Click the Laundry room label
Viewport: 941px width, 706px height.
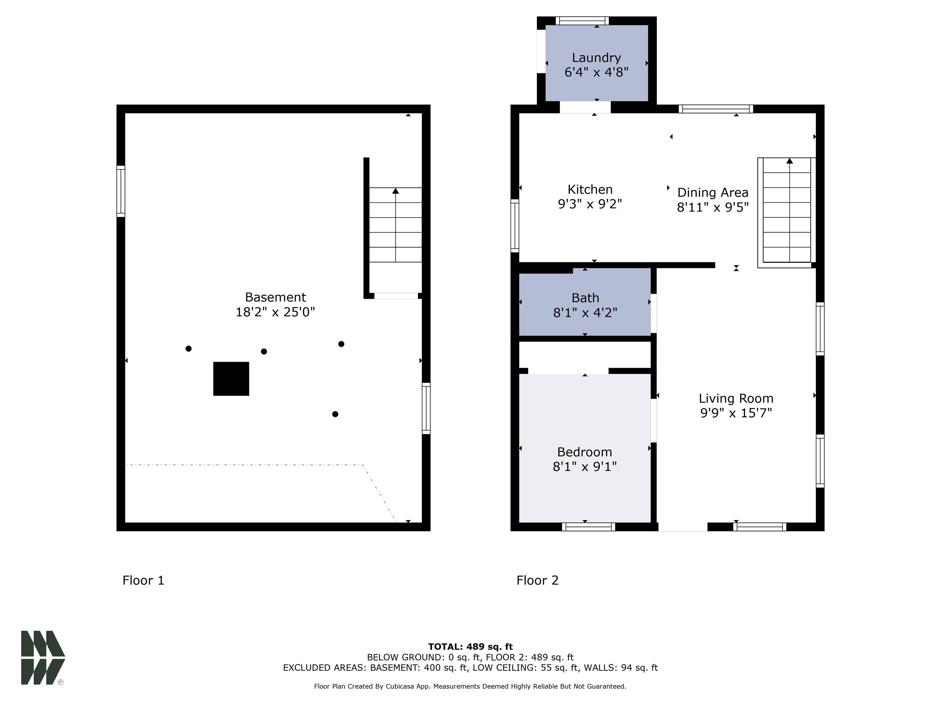coord(596,57)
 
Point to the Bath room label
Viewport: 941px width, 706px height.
coord(585,298)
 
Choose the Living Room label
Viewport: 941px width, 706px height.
coord(736,398)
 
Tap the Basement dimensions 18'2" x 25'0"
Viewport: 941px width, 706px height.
coord(275,312)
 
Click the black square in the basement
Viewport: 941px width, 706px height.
coord(231,379)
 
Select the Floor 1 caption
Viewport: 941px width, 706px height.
coord(143,580)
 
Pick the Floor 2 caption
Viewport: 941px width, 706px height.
coord(537,580)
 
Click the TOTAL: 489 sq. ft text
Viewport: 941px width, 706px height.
coord(470,647)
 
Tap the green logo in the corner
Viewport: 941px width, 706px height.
coord(43,658)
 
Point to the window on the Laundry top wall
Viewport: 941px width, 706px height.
coord(582,21)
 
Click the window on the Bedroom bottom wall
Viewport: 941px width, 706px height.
coord(588,527)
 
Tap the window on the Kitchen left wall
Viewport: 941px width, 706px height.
coord(515,226)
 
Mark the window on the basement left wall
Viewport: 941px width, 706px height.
coord(121,191)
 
